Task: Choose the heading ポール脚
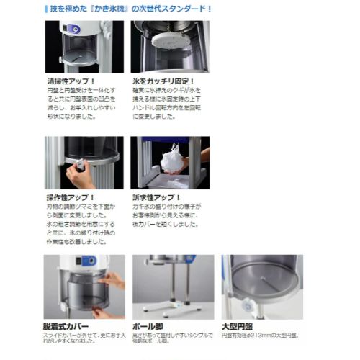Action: [149, 326]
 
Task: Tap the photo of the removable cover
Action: [84, 287]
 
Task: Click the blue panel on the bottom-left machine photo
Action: [89, 261]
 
